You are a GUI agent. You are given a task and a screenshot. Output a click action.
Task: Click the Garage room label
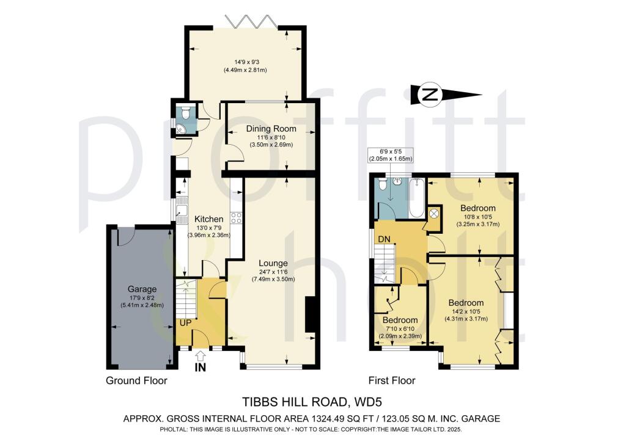(x=141, y=289)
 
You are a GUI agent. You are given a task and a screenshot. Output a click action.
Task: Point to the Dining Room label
(x=271, y=129)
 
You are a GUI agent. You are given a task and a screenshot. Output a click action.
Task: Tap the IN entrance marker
(x=201, y=368)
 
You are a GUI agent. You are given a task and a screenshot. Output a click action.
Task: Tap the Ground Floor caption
(x=136, y=380)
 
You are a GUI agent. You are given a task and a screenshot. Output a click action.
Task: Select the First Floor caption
(x=392, y=380)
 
